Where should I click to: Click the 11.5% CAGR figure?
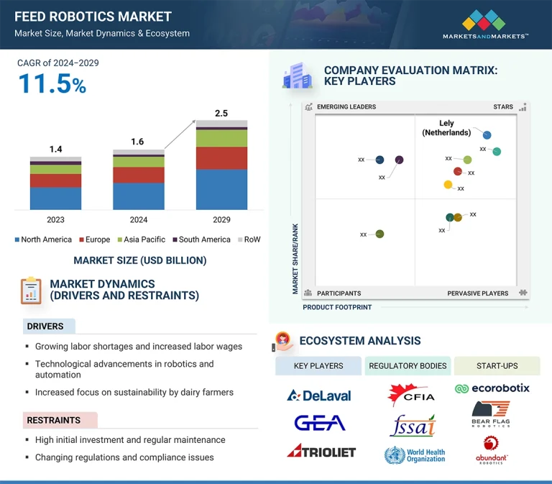(x=52, y=85)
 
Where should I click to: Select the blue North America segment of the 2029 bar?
(x=221, y=189)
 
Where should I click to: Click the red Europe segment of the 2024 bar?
(x=139, y=175)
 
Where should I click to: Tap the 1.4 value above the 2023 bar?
(x=55, y=149)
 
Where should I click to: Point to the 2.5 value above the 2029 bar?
(x=221, y=113)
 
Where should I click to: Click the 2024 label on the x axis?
(x=139, y=219)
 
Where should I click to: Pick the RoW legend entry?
(x=248, y=239)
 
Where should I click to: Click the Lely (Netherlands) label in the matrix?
(x=446, y=128)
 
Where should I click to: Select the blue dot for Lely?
(x=487, y=135)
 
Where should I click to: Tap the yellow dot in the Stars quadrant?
(x=448, y=185)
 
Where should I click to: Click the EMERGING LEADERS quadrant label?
(x=346, y=107)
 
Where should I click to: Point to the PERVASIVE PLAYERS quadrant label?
(x=477, y=293)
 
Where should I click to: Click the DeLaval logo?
(x=318, y=395)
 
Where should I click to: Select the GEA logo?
(x=319, y=423)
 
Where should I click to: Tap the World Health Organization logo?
(x=415, y=455)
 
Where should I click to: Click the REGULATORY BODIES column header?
(x=408, y=366)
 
